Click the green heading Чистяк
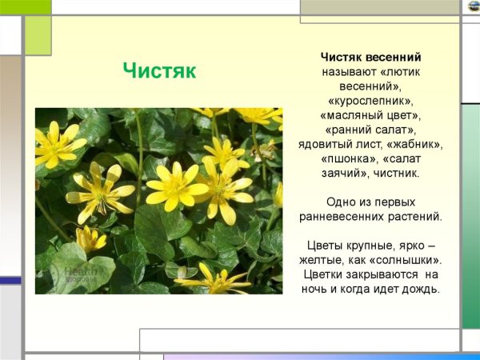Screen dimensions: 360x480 pyautogui.click(x=159, y=70)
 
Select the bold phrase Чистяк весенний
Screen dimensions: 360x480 pyautogui.click(x=371, y=58)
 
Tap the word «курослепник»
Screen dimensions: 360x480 pyautogui.click(x=370, y=102)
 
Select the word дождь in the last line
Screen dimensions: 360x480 pyautogui.click(x=422, y=290)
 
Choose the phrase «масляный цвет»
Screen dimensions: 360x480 pyautogui.click(x=370, y=116)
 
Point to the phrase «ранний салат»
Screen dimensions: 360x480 pyautogui.click(x=370, y=130)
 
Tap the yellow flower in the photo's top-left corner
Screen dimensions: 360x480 pyautogui.click(x=58, y=144)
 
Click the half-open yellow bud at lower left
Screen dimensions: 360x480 pyautogui.click(x=90, y=238)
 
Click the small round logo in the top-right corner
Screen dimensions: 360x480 pyautogui.click(x=474, y=6)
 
